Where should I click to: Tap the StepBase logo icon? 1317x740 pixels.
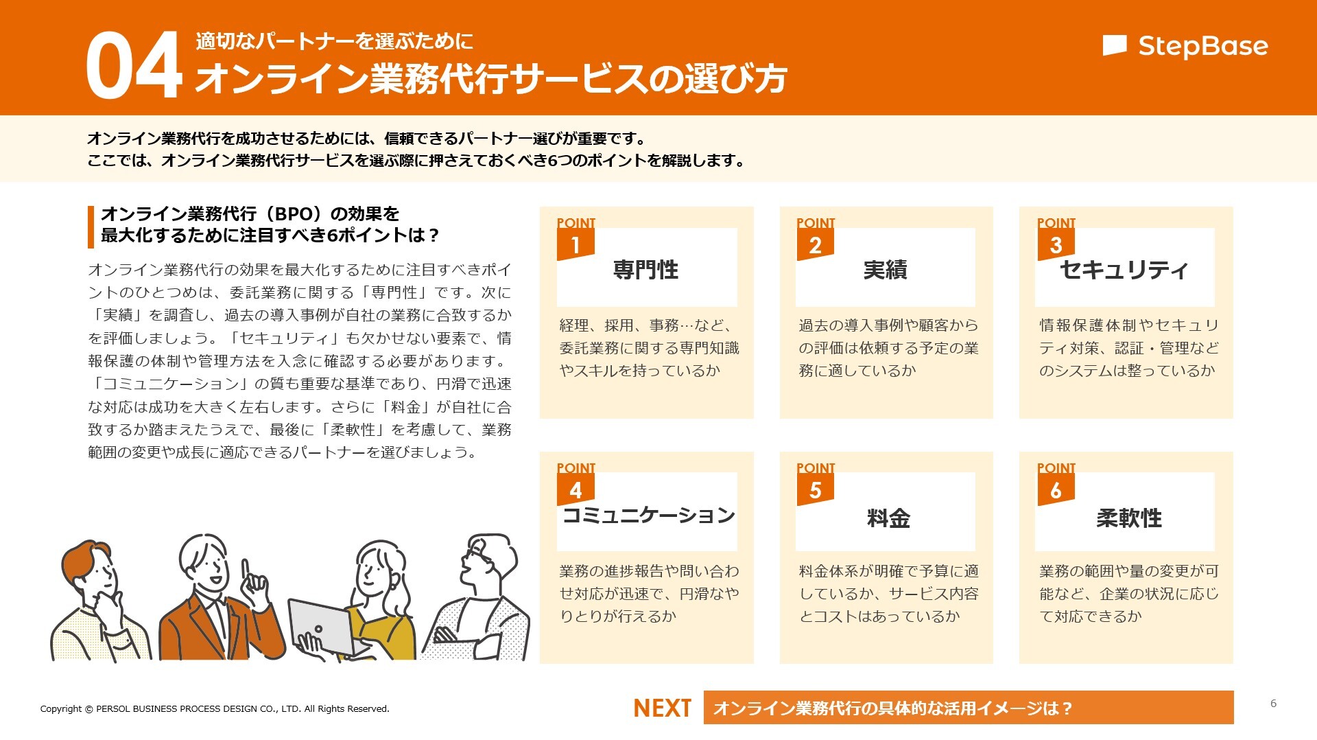point(1114,45)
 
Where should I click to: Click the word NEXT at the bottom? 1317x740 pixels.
point(662,708)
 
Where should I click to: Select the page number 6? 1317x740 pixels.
point(1273,703)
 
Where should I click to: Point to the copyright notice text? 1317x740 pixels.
point(215,708)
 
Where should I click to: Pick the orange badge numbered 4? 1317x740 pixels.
point(576,490)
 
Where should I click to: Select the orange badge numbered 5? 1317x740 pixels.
point(815,490)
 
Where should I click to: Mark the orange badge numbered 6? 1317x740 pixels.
point(1055,490)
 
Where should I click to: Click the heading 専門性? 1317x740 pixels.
point(645,270)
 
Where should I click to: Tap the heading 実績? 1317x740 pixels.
point(885,270)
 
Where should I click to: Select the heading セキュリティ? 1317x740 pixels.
point(1124,270)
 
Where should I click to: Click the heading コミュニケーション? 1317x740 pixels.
point(648,515)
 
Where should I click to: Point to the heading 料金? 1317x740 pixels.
point(888,518)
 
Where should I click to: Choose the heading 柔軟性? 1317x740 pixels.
point(1129,518)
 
